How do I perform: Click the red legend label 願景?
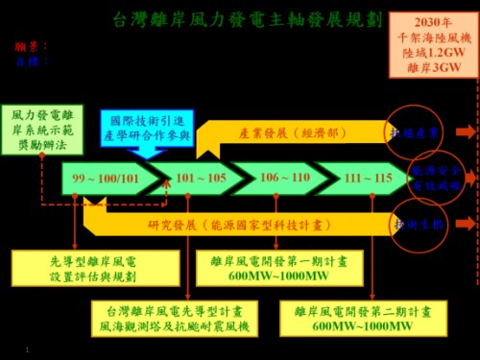coord(26,45)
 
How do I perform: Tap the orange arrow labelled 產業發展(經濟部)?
coord(288,131)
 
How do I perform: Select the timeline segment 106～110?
coord(285,179)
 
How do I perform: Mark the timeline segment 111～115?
coord(369,179)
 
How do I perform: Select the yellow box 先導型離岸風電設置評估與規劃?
coord(80,268)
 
